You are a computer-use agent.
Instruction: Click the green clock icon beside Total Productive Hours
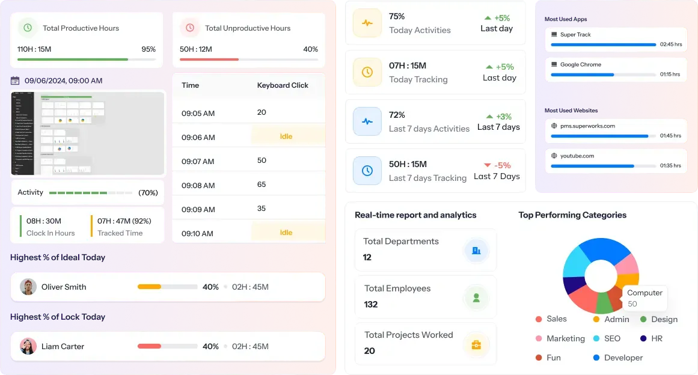pos(27,28)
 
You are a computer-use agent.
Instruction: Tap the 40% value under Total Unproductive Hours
pos(310,49)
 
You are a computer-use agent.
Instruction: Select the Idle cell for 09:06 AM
pos(286,136)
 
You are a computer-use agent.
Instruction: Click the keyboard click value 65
pos(262,184)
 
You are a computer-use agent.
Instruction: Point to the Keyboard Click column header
pos(283,85)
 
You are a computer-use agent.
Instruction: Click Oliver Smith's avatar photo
pos(28,287)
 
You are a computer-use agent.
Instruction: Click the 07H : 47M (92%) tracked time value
pos(124,221)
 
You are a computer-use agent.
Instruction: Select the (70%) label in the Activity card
pos(148,193)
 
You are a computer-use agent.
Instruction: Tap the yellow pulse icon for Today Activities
pos(367,23)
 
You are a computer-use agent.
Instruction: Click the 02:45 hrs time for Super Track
pos(670,44)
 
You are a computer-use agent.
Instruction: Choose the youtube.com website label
pos(577,156)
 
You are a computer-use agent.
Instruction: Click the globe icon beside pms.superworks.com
pos(554,126)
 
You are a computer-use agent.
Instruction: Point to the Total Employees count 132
pos(371,304)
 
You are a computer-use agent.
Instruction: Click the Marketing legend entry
pos(565,338)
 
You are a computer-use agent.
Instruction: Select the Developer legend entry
pos(623,358)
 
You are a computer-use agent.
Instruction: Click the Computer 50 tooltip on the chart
pos(644,297)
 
